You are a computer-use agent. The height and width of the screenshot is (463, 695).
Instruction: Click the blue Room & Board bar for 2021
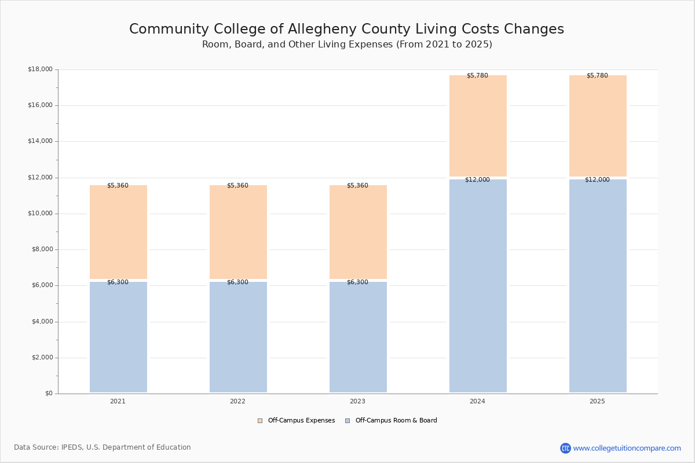tap(118, 337)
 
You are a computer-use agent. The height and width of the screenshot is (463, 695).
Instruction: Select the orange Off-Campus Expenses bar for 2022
tap(238, 231)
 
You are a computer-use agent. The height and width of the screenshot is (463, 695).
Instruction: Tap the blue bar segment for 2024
tap(478, 286)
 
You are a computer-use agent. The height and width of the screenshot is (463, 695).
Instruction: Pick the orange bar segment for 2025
tap(598, 126)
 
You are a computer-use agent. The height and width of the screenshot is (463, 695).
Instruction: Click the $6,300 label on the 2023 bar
tap(357, 282)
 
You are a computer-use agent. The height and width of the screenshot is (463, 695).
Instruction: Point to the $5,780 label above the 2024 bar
tap(477, 76)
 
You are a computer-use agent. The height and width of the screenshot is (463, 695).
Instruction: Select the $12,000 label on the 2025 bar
tap(597, 180)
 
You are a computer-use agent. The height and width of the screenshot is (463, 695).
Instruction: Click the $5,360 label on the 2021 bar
tap(118, 186)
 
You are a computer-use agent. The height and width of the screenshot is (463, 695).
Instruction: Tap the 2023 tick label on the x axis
tap(357, 402)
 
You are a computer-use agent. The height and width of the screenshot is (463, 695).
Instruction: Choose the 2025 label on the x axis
tap(597, 402)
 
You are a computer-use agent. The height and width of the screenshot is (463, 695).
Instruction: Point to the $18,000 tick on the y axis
tap(40, 69)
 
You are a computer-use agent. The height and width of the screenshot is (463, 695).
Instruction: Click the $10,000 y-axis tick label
tap(40, 214)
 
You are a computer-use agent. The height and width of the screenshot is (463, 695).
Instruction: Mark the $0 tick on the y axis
tap(48, 394)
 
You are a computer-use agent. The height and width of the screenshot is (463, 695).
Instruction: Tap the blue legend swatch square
tap(348, 421)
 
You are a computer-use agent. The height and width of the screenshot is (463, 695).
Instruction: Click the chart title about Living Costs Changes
tap(346, 30)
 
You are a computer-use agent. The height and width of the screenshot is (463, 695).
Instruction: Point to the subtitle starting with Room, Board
tap(347, 45)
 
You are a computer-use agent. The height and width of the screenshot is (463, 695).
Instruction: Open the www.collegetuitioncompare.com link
tap(627, 448)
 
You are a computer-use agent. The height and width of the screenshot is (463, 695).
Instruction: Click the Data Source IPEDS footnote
tap(103, 447)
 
